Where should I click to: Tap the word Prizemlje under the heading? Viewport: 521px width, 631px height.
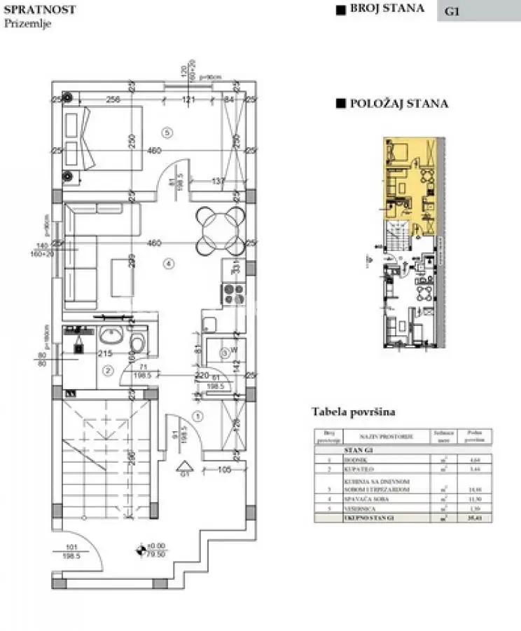tap(27, 23)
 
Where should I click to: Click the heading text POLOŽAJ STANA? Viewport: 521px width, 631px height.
tap(399, 104)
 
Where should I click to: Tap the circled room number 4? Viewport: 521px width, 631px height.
tap(167, 264)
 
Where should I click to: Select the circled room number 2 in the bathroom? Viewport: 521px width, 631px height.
tap(107, 370)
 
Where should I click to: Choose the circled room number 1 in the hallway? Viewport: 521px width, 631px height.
tap(197, 416)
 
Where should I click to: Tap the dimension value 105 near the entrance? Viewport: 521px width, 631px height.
tap(223, 469)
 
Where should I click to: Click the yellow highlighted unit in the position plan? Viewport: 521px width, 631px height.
tap(406, 175)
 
